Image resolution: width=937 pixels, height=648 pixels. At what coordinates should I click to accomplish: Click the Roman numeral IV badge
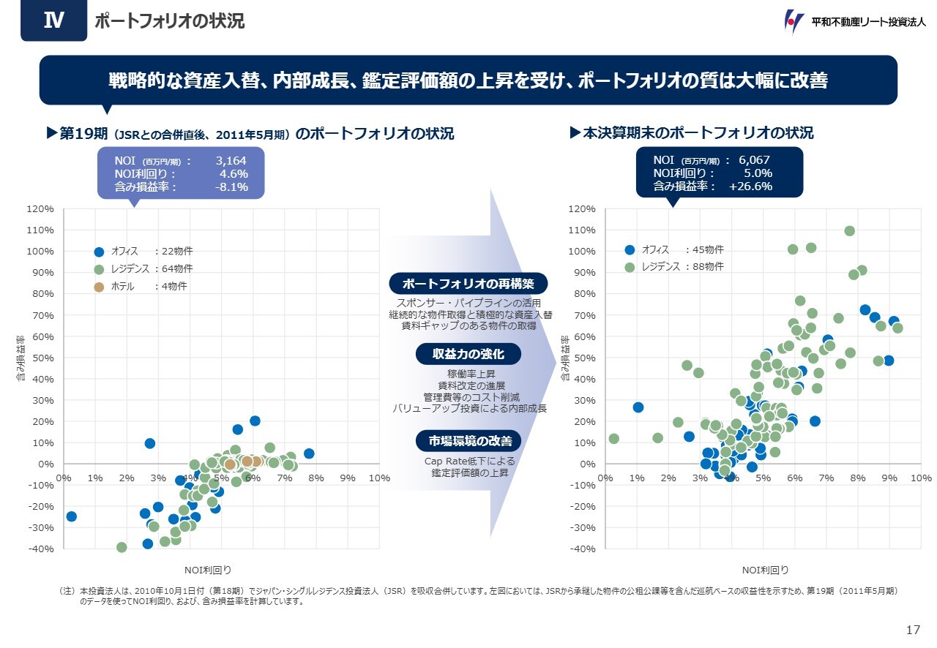tap(52, 21)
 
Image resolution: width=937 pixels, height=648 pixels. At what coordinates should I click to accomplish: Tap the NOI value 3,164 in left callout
tap(231, 160)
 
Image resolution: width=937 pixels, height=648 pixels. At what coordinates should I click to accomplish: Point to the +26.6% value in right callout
tap(750, 187)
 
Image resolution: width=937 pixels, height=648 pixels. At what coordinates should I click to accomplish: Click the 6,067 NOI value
tap(754, 160)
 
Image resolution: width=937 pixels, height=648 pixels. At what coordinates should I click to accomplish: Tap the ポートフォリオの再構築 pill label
tap(468, 283)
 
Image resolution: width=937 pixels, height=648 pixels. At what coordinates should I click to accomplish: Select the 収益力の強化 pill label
tap(468, 354)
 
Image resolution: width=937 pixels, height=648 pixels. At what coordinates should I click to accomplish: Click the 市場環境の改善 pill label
tap(468, 441)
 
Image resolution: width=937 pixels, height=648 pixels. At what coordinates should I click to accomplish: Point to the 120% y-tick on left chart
tap(40, 209)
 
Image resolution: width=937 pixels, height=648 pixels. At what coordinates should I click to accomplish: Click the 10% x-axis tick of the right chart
tap(921, 478)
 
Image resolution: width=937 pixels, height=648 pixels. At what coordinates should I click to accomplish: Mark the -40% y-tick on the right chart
tap(583, 549)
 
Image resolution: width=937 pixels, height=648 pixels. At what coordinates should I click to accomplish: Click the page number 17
tap(912, 630)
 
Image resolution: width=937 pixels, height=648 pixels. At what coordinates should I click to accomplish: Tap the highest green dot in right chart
tap(849, 231)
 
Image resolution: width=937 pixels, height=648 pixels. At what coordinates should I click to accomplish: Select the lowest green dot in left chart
tap(122, 548)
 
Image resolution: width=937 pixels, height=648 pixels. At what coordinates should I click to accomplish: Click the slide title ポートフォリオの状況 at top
tap(170, 22)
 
